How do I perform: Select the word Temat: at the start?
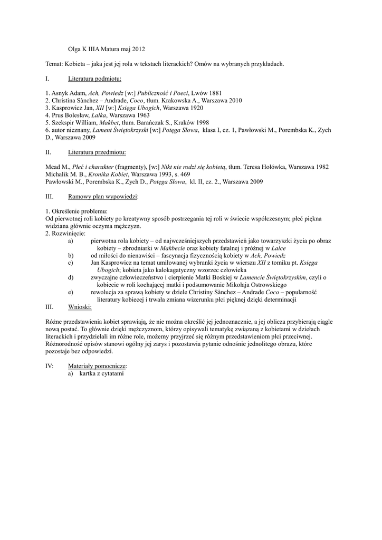55,64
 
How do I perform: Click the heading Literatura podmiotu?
94,79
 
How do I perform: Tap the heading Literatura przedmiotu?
97,152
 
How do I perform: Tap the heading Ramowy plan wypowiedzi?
103,196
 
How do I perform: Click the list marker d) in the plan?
71,277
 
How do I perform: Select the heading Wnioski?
80,306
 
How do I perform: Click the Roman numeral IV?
50,365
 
